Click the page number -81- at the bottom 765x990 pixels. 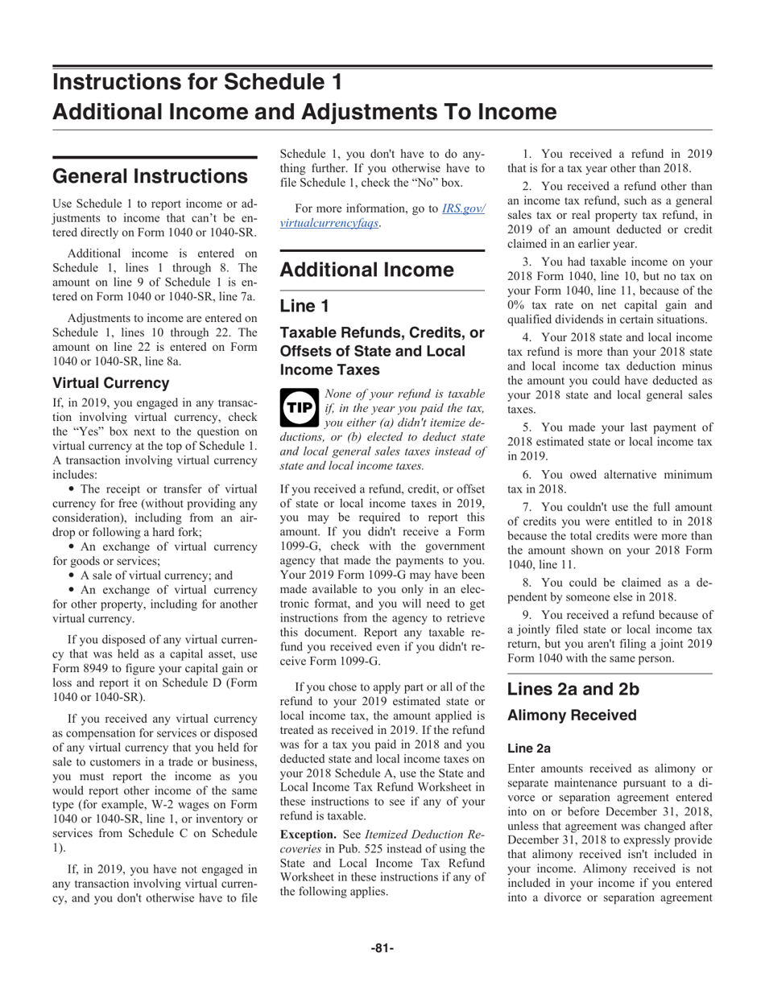[x=382, y=948]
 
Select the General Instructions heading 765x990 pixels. [x=150, y=175]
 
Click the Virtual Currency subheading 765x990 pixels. [x=110, y=382]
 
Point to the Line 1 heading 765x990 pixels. [x=304, y=305]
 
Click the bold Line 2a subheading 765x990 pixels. [x=529, y=749]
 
